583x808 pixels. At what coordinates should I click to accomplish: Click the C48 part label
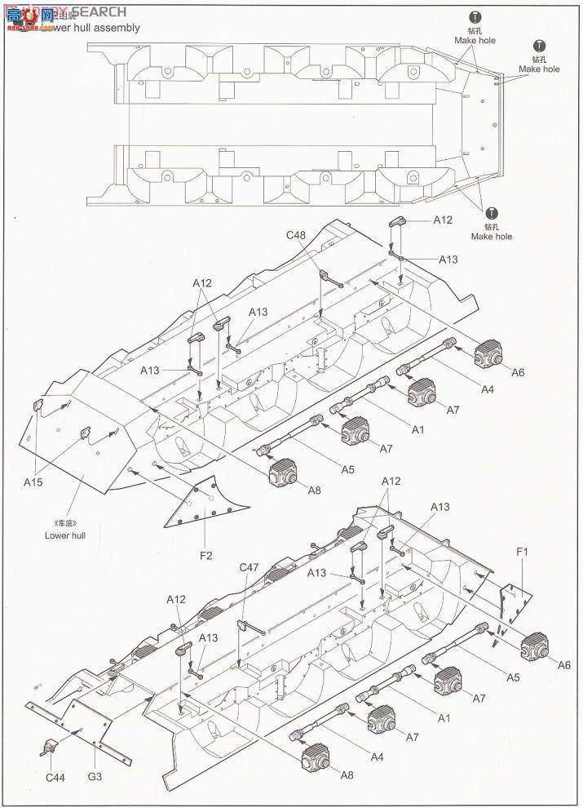(295, 236)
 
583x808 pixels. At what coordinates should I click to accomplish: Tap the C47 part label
(250, 566)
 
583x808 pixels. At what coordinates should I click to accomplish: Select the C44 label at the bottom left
(55, 777)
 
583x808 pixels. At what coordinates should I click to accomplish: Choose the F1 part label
(523, 553)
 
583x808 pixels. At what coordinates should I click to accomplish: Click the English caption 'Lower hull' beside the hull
(65, 535)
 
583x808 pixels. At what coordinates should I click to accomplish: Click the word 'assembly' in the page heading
(115, 28)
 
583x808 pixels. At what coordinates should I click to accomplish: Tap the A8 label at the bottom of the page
(347, 774)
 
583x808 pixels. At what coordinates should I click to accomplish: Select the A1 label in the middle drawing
(417, 429)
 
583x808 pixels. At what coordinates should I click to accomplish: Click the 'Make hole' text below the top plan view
(492, 236)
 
